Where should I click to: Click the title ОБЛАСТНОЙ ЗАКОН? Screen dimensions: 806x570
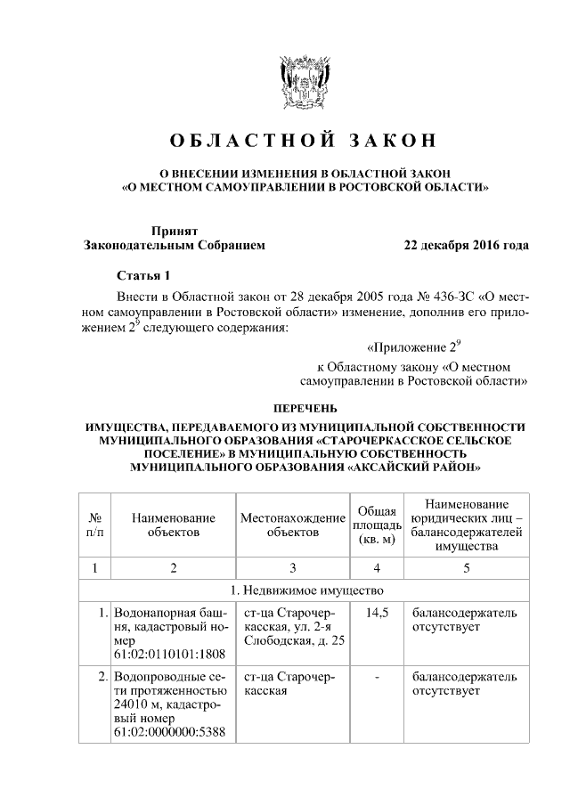click(x=305, y=142)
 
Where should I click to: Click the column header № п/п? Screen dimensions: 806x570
click(x=94, y=525)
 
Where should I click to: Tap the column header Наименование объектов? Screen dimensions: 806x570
click(x=173, y=525)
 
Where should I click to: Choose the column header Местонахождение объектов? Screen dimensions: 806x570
click(x=292, y=525)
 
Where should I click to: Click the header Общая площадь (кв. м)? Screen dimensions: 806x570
click(x=376, y=525)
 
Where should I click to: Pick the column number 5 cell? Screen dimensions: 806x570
click(x=466, y=567)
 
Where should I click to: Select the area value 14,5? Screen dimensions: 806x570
click(x=376, y=615)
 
